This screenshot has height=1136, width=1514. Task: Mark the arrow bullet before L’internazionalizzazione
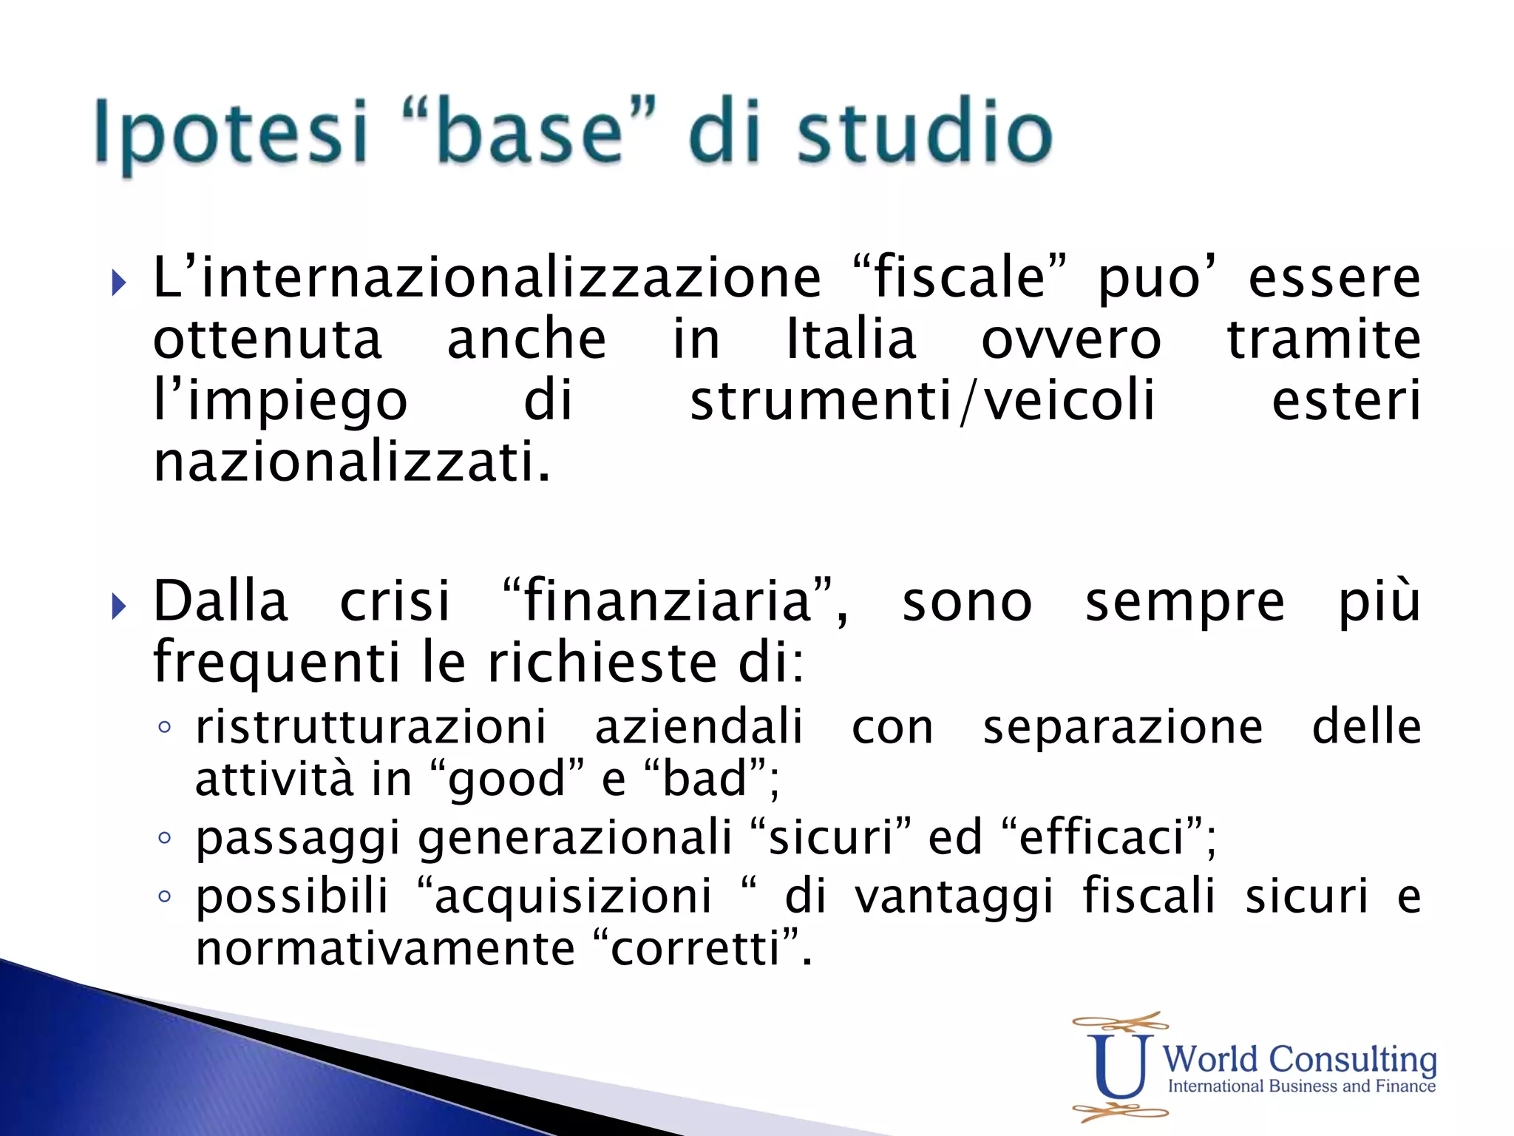point(118,283)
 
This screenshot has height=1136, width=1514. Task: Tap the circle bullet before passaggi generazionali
point(164,838)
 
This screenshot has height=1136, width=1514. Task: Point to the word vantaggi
point(954,897)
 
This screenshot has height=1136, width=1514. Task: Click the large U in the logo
point(1120,1065)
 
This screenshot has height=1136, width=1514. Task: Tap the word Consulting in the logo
point(1352,1060)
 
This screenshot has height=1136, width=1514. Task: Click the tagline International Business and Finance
point(1301,1086)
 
